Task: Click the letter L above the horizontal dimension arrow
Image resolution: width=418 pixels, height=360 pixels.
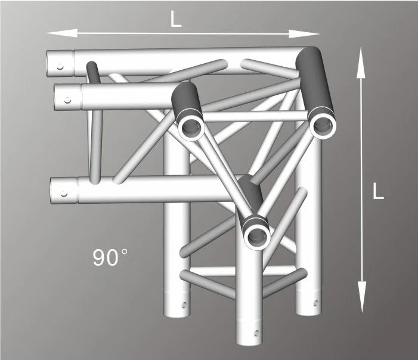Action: click(x=176, y=20)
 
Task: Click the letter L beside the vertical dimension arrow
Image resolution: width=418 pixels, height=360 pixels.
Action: click(x=377, y=191)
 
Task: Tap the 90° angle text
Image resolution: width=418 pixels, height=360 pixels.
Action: click(x=110, y=257)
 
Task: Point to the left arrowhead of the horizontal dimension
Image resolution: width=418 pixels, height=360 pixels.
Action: click(x=61, y=33)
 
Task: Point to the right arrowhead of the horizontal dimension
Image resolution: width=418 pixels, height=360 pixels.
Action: click(x=304, y=34)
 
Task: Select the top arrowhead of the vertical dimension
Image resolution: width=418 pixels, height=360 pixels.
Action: click(x=361, y=63)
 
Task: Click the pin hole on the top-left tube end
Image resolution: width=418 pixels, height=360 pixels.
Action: click(x=60, y=67)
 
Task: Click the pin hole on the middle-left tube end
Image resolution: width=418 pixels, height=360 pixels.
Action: click(x=67, y=100)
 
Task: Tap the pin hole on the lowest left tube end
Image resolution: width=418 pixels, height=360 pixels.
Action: click(x=64, y=194)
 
